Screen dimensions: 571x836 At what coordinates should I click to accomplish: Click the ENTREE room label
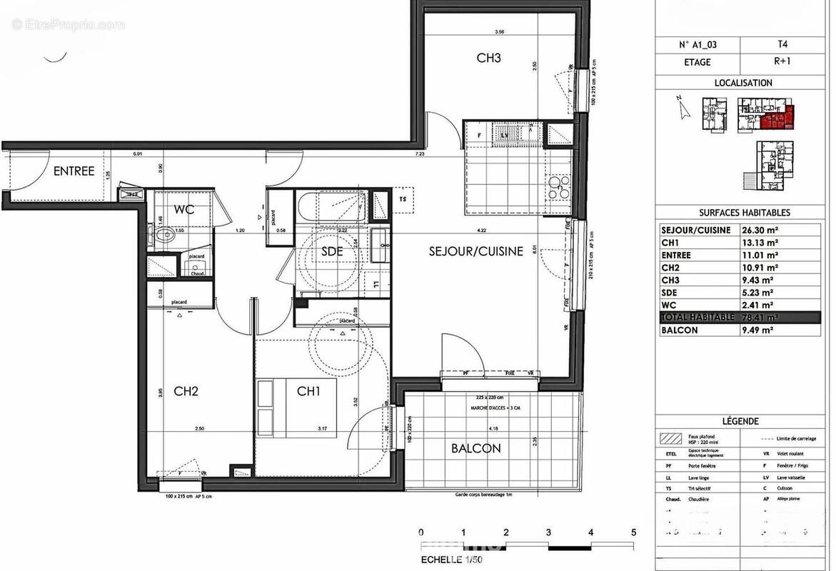[x=74, y=171]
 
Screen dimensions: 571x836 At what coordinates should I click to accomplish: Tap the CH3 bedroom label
[x=488, y=59]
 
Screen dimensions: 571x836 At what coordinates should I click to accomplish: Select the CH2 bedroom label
[x=185, y=391]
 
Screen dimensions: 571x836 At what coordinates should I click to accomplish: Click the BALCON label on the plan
[x=475, y=448]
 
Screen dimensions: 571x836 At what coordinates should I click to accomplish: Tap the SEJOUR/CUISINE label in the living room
[x=476, y=251]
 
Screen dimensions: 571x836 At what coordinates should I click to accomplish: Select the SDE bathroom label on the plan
[x=332, y=252]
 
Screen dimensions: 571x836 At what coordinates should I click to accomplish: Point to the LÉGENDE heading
[x=740, y=422]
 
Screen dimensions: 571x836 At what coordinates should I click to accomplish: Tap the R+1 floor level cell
[x=784, y=62]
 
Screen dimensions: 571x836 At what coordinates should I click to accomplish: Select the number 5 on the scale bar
[x=633, y=532]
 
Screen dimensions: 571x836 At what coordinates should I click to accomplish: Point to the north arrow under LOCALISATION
[x=683, y=109]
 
